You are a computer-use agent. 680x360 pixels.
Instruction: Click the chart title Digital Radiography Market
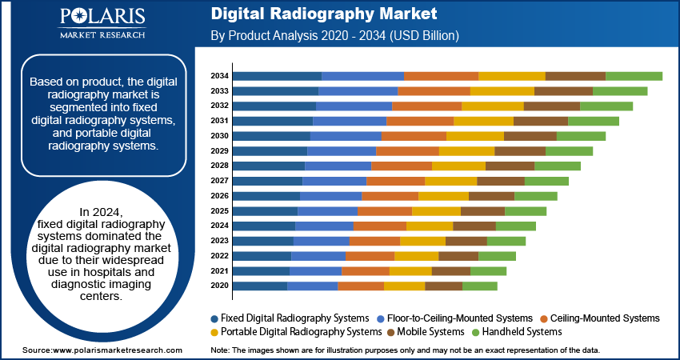coord(324,14)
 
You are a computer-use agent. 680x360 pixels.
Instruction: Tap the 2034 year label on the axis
coord(220,76)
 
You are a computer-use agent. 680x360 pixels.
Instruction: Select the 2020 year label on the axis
coord(220,286)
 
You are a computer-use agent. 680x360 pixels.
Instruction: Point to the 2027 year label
coord(220,181)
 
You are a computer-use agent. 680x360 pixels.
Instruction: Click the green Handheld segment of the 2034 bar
coord(634,76)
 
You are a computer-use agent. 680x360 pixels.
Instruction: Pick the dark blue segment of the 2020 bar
coord(260,286)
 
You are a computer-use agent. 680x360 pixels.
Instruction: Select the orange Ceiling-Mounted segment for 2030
coord(414,136)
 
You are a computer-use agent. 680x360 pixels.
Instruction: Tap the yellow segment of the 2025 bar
coord(436,210)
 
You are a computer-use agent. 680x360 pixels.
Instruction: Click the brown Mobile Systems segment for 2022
coord(458,256)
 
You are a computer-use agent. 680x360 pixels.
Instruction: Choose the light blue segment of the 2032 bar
coord(354,106)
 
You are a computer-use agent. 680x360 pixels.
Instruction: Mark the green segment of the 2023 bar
coord(506,241)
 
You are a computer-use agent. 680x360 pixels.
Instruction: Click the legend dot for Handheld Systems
coord(474,332)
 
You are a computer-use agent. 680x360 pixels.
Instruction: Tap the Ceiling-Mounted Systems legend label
coord(605,318)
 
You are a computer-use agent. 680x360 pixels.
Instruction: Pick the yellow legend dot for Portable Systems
coord(214,332)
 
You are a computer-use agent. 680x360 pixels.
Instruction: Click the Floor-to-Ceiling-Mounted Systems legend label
coord(460,318)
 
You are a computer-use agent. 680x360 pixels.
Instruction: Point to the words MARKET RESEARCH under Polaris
coord(102,34)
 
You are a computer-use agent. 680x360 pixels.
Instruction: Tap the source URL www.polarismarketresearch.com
coord(117,350)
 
